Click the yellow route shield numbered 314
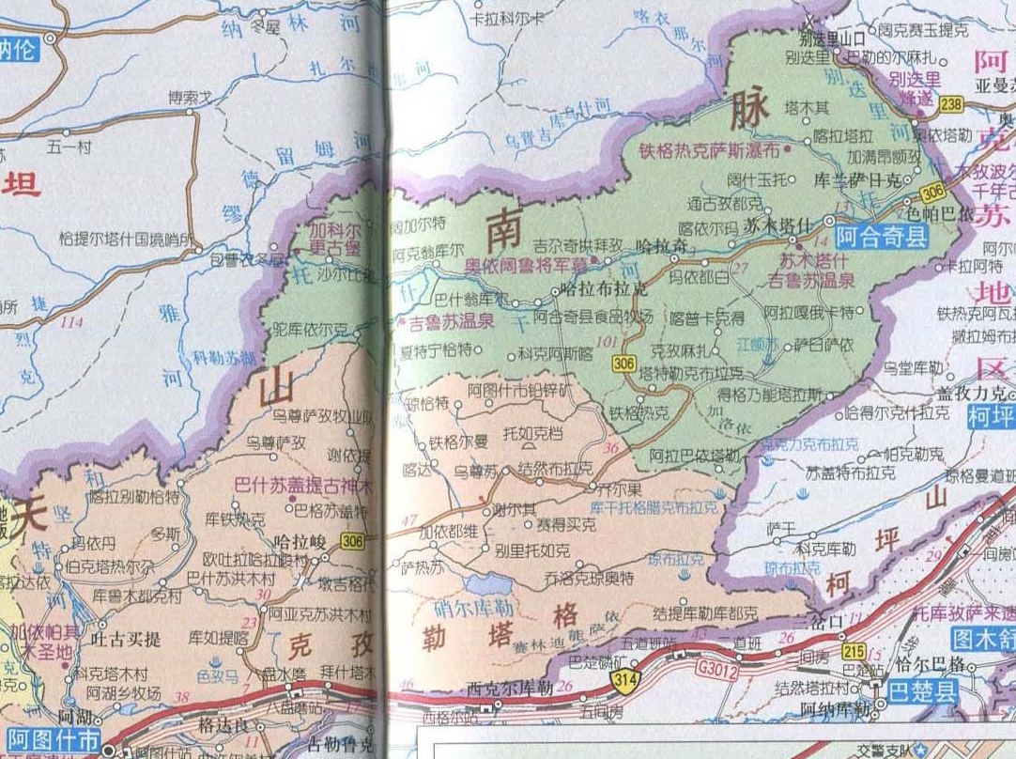tap(620, 678)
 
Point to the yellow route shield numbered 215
tap(854, 652)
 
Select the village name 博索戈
tap(191, 97)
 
